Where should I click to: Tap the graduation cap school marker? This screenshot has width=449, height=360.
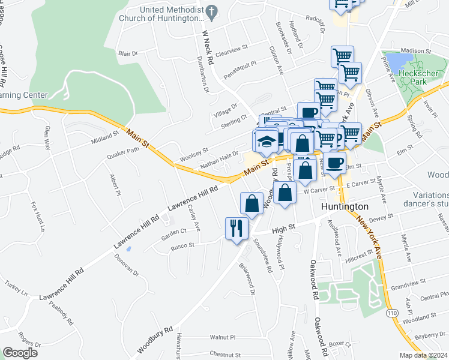pyautogui.click(x=265, y=142)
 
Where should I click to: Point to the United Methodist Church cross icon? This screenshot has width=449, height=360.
pyautogui.click(x=211, y=10)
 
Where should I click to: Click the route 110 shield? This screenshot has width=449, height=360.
pyautogui.click(x=392, y=313)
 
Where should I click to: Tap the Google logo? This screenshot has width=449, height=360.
pyautogui.click(x=20, y=353)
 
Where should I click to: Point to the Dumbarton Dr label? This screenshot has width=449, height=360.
pyautogui.click(x=202, y=74)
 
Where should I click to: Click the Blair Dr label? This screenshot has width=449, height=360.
pyautogui.click(x=128, y=53)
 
